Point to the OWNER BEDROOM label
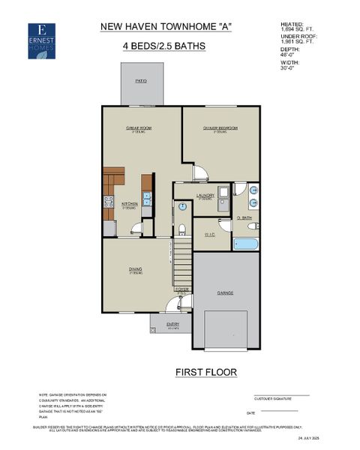click(x=220, y=128)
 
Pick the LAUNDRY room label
click(x=205, y=196)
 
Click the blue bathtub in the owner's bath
click(x=246, y=244)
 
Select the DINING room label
click(x=136, y=271)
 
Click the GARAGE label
click(x=226, y=292)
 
